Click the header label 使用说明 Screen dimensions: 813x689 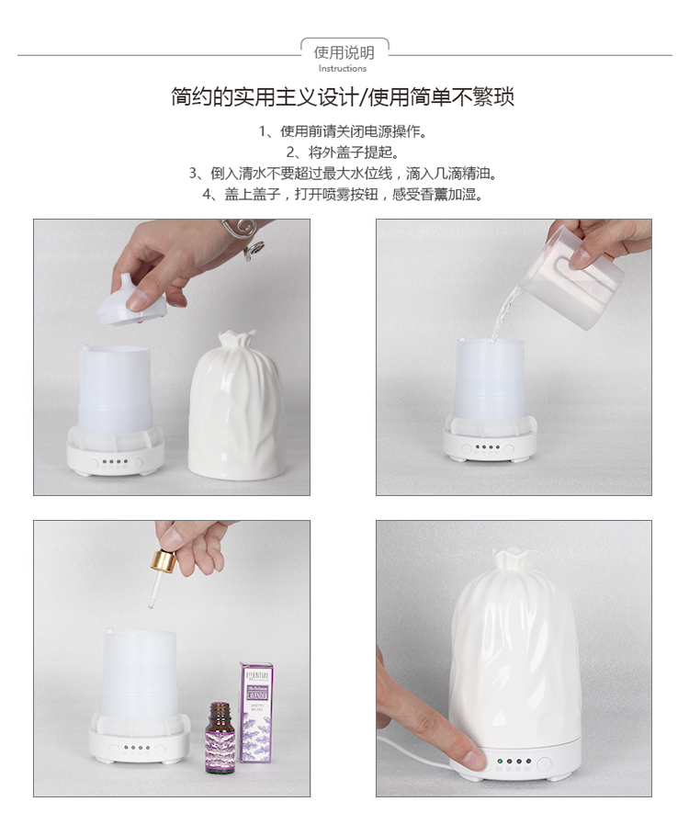click(x=344, y=52)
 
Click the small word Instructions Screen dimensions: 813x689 click(x=343, y=69)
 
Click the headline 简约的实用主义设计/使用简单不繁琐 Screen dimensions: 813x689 click(x=343, y=97)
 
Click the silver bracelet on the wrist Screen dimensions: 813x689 click(x=246, y=238)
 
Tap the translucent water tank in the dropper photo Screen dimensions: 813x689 click(x=139, y=675)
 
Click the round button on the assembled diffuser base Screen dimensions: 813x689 click(x=544, y=762)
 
